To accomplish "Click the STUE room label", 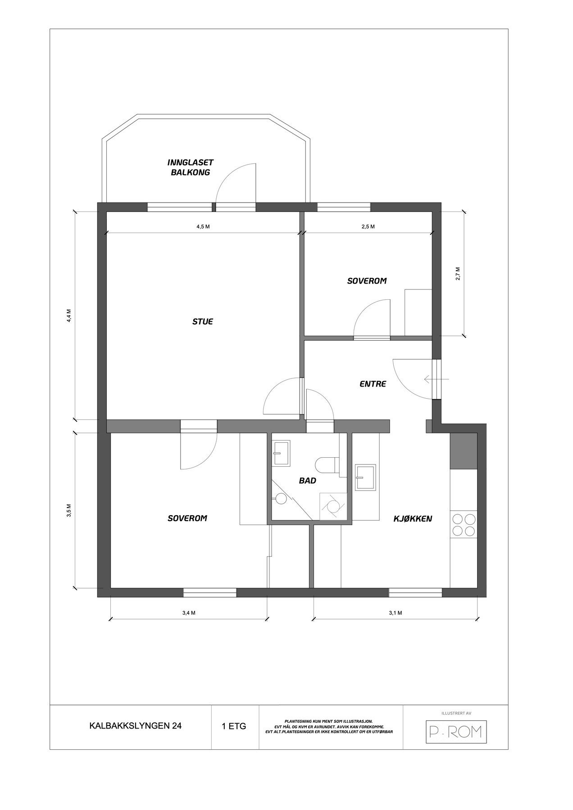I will click(x=203, y=322).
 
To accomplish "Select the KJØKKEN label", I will click(x=413, y=519).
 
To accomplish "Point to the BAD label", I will click(x=307, y=481).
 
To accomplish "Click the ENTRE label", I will click(x=373, y=384).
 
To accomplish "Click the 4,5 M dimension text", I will click(x=203, y=227).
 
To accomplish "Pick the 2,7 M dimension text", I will click(x=458, y=274).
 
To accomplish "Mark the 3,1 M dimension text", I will click(x=395, y=613).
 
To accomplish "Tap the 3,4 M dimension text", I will click(x=188, y=613).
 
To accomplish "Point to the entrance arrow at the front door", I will click(x=436, y=380).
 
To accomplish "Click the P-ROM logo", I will click(x=457, y=732).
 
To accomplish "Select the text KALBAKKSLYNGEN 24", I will click(x=136, y=726).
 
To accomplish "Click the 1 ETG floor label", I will click(x=234, y=726).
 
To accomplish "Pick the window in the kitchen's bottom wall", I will click(x=415, y=593).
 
